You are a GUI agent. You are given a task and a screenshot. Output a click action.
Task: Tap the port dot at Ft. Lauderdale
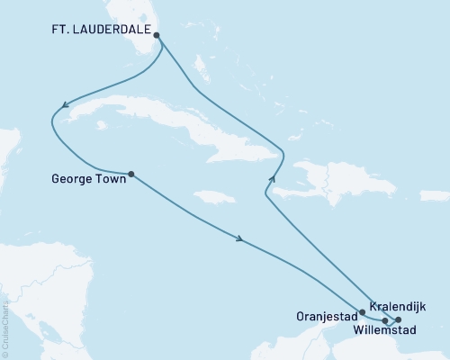(157, 36)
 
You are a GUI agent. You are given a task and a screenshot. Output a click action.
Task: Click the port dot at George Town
(131, 174)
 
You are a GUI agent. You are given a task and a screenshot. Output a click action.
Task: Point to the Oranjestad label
(327, 317)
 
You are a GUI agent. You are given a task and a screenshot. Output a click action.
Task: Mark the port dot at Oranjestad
(362, 313)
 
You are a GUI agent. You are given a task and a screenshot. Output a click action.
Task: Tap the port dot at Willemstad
(385, 320)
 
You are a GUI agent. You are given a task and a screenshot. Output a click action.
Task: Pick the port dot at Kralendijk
(399, 319)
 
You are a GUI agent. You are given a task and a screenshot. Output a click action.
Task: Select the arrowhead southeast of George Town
(240, 238)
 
